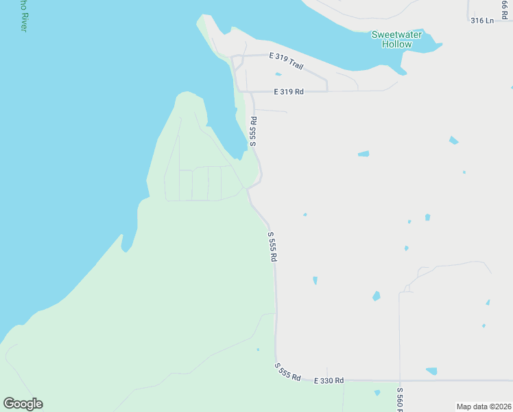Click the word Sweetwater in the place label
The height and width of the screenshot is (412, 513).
(396, 34)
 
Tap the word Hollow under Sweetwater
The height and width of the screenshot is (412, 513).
(396, 45)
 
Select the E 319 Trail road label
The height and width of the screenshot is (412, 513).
(286, 60)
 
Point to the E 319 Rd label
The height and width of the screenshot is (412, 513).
(288, 91)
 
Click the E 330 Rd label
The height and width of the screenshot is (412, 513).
(329, 380)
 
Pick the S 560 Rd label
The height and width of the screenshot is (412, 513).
(400, 399)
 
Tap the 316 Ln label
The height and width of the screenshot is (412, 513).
(482, 21)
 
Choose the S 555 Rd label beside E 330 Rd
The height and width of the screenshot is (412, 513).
(288, 373)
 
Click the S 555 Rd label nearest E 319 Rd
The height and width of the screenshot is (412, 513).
(253, 130)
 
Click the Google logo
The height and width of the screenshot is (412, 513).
(23, 404)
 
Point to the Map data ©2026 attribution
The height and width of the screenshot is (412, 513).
(484, 407)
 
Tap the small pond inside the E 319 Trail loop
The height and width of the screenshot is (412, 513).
(278, 74)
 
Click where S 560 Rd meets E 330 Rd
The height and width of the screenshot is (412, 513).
(400, 380)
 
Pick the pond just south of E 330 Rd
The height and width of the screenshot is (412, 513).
(377, 393)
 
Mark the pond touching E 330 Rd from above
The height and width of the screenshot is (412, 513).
(431, 371)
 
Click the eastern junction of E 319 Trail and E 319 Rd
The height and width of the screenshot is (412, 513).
(327, 91)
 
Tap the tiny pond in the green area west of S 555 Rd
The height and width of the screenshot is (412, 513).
(258, 350)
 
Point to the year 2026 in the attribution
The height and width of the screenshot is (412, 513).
(502, 407)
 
